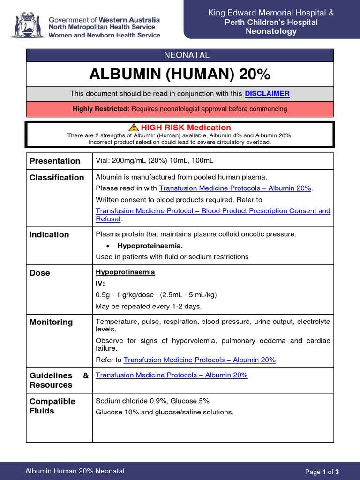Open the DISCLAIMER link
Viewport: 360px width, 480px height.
coord(267,94)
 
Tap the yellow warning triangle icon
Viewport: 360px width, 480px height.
coord(134,127)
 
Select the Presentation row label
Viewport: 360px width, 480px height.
coord(55,161)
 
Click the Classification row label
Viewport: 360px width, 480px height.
coord(57,178)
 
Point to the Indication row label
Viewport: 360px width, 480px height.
coord(49,235)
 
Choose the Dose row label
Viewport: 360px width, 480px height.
coord(40,273)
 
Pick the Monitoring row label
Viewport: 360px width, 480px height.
coord(51,322)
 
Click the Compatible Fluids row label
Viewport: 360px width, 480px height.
coord(52,406)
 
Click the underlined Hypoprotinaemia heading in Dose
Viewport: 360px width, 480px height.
coord(125,272)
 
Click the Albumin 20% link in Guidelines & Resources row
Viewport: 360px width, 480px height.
coord(172,375)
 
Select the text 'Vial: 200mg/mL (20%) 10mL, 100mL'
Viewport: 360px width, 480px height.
coord(154,161)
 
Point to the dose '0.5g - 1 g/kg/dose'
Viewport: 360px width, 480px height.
coord(125,295)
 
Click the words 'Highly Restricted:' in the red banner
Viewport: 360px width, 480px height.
coord(101,109)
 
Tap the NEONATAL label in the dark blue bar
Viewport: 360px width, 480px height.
coord(180,55)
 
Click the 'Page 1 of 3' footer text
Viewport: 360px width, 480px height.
coord(322,472)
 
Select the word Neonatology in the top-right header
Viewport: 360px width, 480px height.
coord(271,31)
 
